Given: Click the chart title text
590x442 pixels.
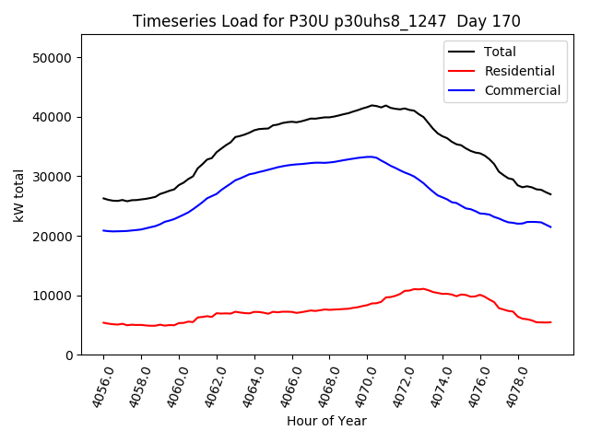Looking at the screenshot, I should pyautogui.click(x=326, y=21).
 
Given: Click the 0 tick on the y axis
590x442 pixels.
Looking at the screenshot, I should pyautogui.click(x=69, y=355).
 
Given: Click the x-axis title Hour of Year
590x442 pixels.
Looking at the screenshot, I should pyautogui.click(x=326, y=421).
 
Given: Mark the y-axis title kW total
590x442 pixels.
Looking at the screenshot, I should pyautogui.click(x=18, y=195).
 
